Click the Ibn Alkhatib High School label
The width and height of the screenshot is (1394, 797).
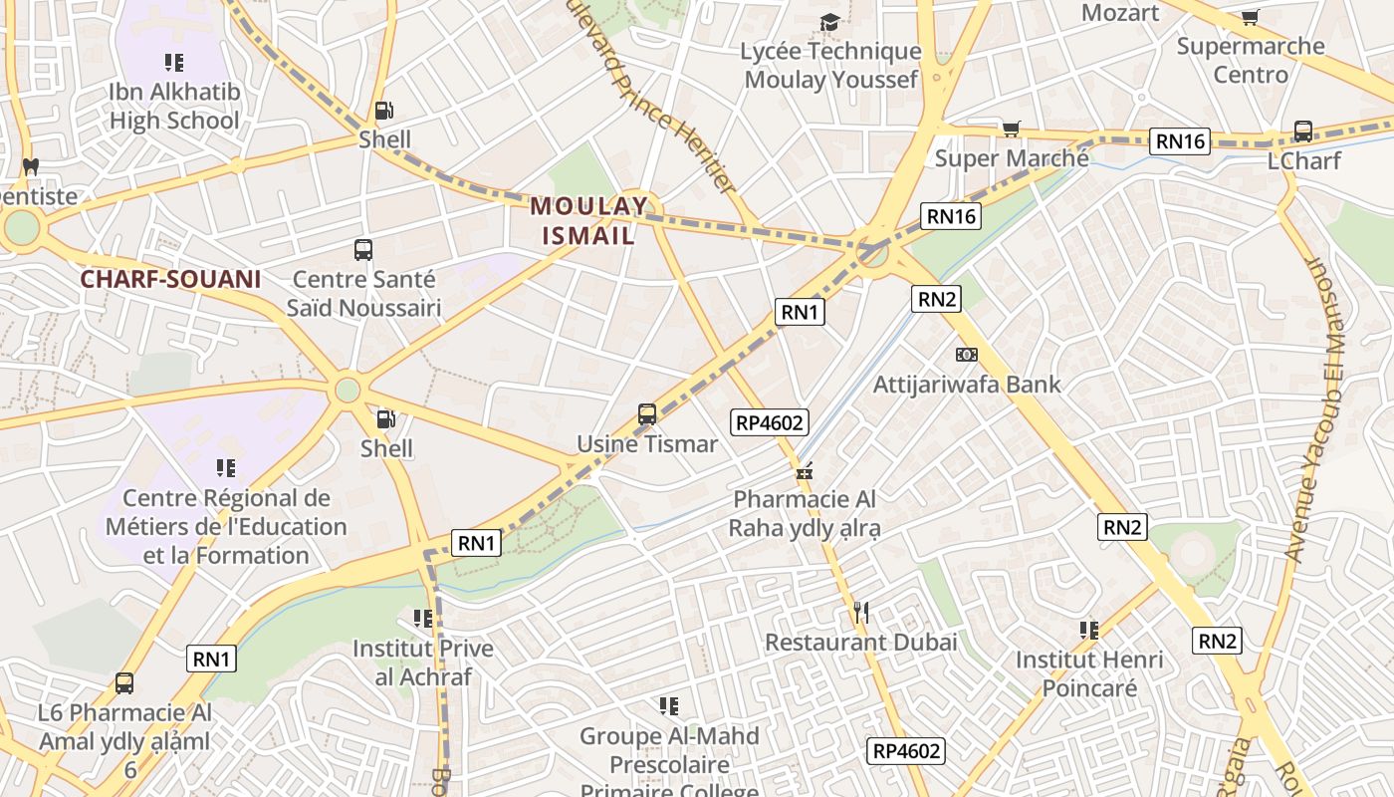174,107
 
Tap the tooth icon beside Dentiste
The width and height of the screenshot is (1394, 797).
30,166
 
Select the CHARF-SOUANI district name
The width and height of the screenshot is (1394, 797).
170,279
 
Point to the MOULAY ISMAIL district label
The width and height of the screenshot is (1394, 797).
588,221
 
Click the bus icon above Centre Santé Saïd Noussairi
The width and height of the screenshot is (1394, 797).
363,250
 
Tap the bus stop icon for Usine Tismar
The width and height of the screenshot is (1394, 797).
647,413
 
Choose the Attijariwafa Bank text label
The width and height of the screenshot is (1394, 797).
967,385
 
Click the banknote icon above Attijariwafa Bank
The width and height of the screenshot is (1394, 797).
966,355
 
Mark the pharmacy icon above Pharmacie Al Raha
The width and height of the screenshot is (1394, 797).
805,469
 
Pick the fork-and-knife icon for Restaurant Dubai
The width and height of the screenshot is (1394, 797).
861,613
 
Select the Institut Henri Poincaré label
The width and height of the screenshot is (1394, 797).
1089,673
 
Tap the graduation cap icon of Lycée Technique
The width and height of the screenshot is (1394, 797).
829,22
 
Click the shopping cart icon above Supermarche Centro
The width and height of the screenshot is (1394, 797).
1251,17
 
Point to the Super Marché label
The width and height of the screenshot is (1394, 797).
1012,158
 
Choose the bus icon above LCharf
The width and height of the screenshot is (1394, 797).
1302,131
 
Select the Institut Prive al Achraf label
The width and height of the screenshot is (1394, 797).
423,663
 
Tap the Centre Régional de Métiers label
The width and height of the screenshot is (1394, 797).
226,526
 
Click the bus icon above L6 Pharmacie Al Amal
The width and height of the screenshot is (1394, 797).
124,683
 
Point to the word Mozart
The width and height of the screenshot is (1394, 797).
1120,13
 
